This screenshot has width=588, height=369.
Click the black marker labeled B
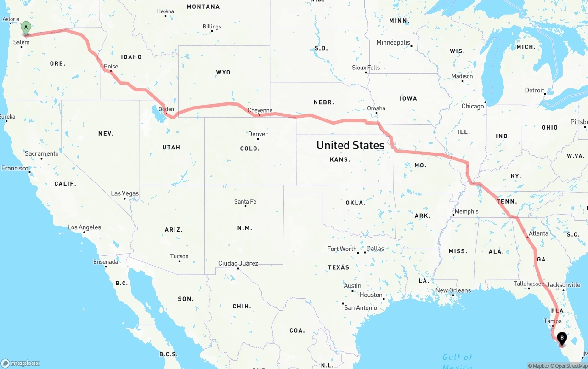coord(562,339)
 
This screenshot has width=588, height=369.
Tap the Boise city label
coord(111,67)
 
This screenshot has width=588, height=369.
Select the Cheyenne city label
coord(260,110)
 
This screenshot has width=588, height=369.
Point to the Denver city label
coord(258,134)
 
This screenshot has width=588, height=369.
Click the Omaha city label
coord(376,108)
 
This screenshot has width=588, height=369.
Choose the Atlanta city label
coord(538,233)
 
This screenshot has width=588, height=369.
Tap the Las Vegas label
coord(124,193)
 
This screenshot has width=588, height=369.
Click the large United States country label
coord(351,145)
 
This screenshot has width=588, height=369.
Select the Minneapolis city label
coord(393,42)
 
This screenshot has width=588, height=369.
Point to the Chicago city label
coord(473,106)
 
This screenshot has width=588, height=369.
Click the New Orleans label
coord(453,290)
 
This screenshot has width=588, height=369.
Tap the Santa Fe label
coord(245,202)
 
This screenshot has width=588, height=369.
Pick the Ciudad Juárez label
coord(238,263)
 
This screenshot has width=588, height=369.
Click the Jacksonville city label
coord(564,285)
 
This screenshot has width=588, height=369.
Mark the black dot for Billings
coord(212,32)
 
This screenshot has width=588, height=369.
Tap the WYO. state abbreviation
coord(225,73)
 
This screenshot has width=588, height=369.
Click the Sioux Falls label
coord(366,68)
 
